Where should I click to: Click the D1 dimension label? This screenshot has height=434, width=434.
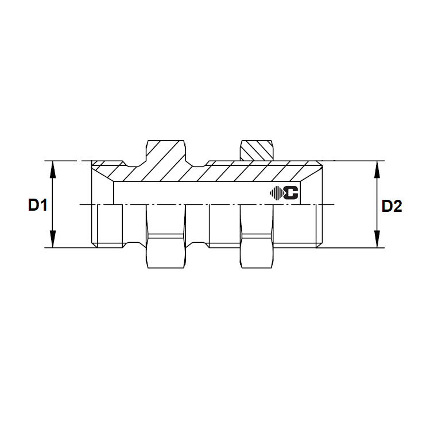pyautogui.click(x=37, y=206)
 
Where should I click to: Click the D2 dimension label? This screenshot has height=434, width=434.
pyautogui.click(x=392, y=206)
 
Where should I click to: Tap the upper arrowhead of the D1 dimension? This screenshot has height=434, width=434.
pyautogui.click(x=53, y=167)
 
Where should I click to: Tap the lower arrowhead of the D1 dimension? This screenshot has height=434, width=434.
pyautogui.click(x=53, y=242)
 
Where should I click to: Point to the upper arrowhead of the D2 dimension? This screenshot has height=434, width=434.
pyautogui.click(x=377, y=167)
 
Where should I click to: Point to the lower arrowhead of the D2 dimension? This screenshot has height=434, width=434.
pyautogui.click(x=377, y=242)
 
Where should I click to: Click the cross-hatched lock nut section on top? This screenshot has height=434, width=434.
pyautogui.click(x=257, y=150)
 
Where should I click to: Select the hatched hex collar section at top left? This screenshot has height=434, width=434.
pyautogui.click(x=166, y=154)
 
